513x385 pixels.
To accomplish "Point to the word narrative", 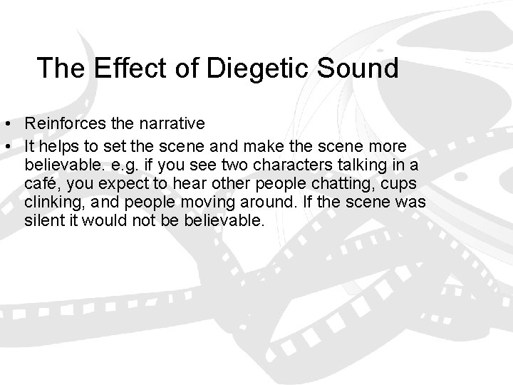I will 170,123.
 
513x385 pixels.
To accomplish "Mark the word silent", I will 42,221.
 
